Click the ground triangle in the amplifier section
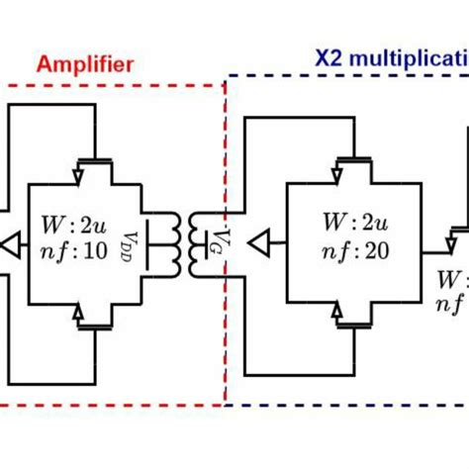11,239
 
